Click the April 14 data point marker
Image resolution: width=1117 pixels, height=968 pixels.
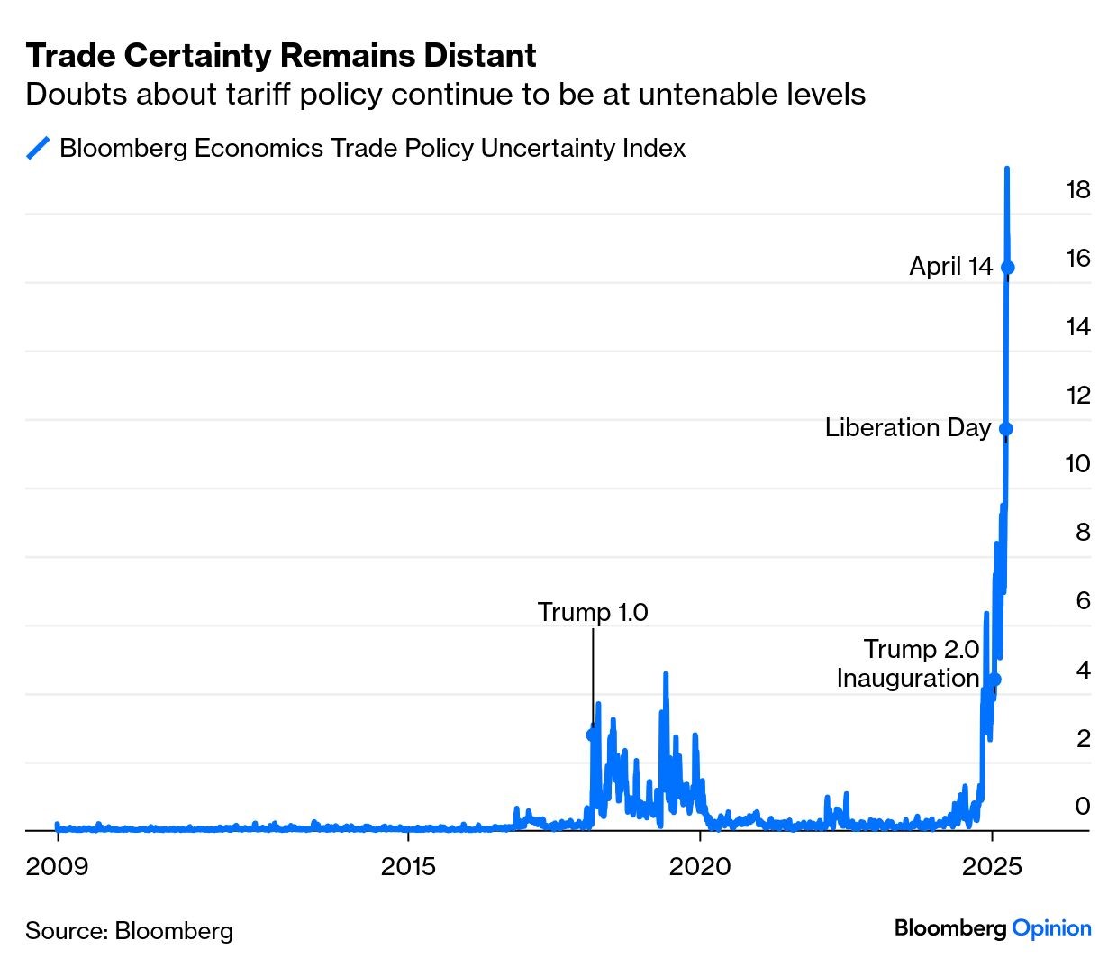[1008, 267]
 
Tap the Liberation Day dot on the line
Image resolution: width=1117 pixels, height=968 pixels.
[1006, 429]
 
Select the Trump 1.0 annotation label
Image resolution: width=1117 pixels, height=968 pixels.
[593, 612]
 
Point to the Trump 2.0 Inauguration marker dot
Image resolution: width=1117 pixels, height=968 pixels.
[994, 679]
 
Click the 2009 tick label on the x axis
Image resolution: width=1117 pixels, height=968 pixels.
[57, 867]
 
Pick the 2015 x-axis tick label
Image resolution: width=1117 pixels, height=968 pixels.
[408, 867]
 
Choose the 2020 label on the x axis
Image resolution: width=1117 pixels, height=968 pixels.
[700, 867]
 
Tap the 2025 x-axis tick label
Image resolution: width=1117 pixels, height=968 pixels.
[992, 867]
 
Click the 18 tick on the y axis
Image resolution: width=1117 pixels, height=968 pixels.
[1077, 189]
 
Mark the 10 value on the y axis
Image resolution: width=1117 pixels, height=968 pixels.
[1077, 463]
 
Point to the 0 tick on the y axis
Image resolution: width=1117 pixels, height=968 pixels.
[1083, 806]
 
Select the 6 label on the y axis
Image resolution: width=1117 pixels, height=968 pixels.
[1083, 600]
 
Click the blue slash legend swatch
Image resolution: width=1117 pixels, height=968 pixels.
[38, 148]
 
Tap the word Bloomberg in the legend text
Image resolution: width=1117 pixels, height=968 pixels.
[123, 148]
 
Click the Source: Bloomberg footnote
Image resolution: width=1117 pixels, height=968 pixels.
[129, 930]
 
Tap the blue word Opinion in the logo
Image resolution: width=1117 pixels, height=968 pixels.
[1051, 928]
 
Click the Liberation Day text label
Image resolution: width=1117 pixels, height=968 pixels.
[907, 427]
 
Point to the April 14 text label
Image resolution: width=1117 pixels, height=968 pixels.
[950, 266]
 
